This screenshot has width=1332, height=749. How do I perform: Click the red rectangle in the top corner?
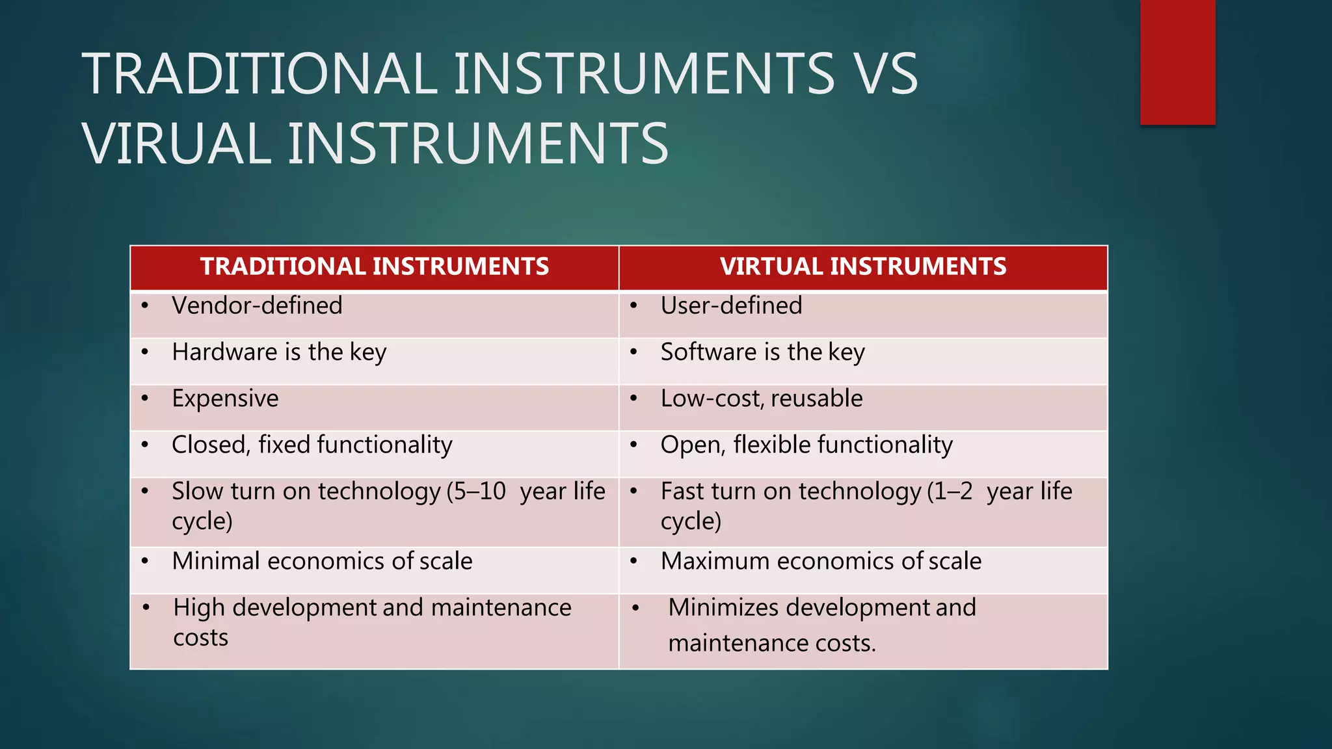click(x=1177, y=62)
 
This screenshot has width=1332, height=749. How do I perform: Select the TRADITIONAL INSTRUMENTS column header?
click(x=374, y=267)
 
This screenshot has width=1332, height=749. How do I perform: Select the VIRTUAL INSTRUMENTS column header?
click(x=862, y=267)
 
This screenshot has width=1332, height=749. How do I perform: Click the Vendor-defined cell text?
click(x=257, y=306)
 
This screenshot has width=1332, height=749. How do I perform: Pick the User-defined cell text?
click(x=731, y=306)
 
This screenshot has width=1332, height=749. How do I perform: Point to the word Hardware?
click(x=224, y=352)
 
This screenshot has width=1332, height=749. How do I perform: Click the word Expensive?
click(x=225, y=399)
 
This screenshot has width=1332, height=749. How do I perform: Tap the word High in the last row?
click(x=199, y=608)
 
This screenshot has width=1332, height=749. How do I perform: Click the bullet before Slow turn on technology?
click(x=145, y=492)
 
